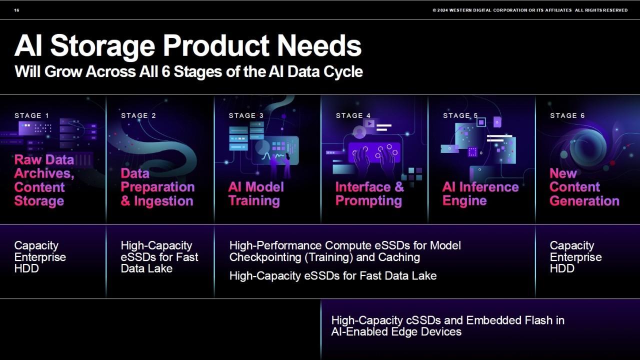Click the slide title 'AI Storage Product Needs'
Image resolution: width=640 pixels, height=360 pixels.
coord(187,46)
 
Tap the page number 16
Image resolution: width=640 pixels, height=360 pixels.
coord(16,10)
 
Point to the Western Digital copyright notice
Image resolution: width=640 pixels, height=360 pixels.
coord(529,10)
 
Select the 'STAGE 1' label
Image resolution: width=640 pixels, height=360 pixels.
coord(31,115)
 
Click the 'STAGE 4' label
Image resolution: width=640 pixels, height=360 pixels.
coord(353,115)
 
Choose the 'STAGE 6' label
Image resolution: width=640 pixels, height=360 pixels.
coord(567,115)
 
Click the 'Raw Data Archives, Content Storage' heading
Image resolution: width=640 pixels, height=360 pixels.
coord(44,180)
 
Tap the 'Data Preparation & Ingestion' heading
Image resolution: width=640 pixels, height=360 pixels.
coord(157,187)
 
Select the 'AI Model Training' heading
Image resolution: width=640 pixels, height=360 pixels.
coord(255,193)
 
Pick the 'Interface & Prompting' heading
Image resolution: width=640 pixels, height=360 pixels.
coord(369,193)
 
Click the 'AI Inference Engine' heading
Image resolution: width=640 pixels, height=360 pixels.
coord(480,193)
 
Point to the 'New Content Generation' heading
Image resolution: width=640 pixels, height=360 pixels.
coord(584,187)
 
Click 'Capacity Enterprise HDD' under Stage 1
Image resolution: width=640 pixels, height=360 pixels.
coord(40,257)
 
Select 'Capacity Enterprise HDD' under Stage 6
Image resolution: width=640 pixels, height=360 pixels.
coord(575,257)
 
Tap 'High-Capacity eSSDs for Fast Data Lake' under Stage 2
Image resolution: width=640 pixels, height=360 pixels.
coord(159,257)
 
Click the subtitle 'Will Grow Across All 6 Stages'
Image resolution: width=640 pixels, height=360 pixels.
coord(188,71)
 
